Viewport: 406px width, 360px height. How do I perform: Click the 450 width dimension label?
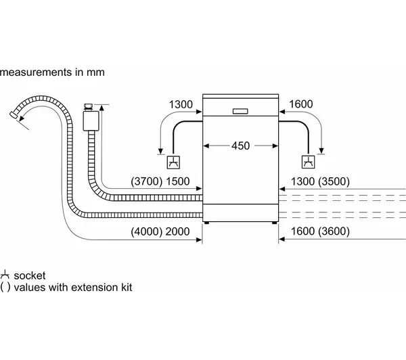[240, 145]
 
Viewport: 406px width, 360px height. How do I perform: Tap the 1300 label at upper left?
[181, 105]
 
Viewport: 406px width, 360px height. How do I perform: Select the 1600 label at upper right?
[301, 104]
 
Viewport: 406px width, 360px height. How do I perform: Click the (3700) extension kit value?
[146, 181]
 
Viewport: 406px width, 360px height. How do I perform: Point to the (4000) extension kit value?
[146, 231]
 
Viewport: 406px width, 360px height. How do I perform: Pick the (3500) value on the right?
[334, 181]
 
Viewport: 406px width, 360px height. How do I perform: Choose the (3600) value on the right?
[334, 231]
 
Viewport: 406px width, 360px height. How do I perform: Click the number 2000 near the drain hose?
[177, 231]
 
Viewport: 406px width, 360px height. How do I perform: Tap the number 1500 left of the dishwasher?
[177, 181]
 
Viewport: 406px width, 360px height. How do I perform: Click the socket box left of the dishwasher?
[173, 162]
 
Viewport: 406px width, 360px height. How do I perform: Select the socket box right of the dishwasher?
[309, 162]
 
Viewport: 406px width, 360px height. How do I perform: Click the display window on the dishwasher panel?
[240, 112]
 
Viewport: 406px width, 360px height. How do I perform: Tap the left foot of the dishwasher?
[206, 223]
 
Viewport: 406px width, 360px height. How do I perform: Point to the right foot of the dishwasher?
[275, 223]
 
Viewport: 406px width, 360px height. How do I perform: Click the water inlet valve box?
[91, 121]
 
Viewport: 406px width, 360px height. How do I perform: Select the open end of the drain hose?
[14, 115]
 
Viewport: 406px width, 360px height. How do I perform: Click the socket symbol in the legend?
[5, 275]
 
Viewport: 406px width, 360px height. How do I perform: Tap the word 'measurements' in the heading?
[36, 72]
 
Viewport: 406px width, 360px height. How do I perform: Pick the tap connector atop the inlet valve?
[88, 107]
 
